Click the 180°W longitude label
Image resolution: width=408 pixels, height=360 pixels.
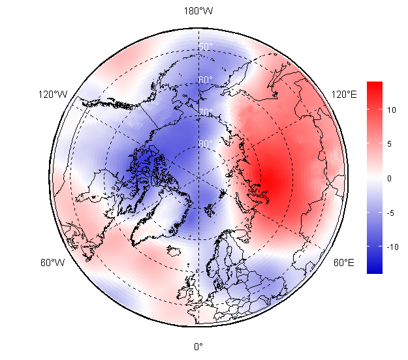point(198,11)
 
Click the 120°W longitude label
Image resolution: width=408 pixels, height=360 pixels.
point(52,95)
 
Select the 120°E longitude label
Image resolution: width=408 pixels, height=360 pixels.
point(344,95)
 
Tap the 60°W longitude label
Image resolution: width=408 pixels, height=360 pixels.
point(52,263)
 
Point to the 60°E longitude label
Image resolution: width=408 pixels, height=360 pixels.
point(344,263)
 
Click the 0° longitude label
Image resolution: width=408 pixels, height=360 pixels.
point(198,346)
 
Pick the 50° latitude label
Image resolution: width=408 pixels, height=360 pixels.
point(206,47)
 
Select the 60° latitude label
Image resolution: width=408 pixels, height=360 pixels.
point(206,80)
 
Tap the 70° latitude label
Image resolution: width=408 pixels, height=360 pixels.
point(206,112)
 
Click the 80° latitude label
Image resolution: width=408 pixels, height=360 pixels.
point(206,143)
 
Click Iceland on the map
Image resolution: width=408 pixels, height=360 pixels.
point(175,250)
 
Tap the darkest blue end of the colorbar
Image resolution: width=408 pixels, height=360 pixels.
point(374,271)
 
